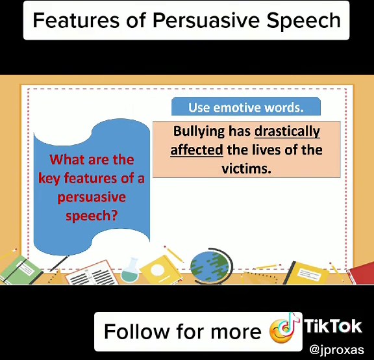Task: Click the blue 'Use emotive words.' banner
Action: tap(246, 107)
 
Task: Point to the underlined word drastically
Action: tap(288, 131)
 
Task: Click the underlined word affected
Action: tap(197, 150)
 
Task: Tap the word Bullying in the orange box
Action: tap(198, 131)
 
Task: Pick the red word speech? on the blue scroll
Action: tap(92, 215)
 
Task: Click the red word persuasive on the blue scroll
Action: tap(92, 197)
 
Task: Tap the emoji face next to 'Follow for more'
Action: tap(283, 331)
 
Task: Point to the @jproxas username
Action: tap(336, 349)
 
